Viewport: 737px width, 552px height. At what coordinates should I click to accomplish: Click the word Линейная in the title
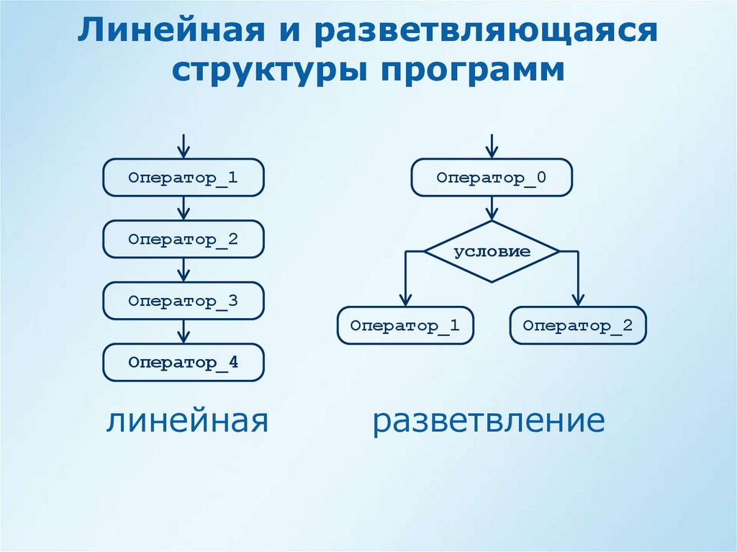(x=177, y=33)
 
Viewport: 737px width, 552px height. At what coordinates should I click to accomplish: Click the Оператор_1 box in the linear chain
(x=184, y=178)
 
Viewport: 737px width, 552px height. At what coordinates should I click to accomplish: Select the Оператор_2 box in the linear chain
(x=184, y=239)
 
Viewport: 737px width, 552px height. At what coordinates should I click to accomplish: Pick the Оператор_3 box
(x=184, y=301)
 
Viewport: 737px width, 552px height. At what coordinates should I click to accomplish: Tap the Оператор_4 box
(x=184, y=363)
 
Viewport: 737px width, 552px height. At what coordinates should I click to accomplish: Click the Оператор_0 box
(x=492, y=178)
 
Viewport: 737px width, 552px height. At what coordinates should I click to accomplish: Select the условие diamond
(x=492, y=252)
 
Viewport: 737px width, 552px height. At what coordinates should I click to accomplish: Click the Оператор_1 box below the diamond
(x=405, y=325)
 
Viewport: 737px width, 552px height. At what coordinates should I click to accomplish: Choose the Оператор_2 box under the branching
(x=578, y=325)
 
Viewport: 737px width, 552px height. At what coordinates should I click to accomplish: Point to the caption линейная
(x=189, y=421)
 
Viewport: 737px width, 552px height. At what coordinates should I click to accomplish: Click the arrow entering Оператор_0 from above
(x=492, y=146)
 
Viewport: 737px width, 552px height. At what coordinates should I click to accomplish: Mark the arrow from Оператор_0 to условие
(x=492, y=208)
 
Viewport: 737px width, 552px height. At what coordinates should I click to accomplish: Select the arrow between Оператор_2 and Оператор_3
(x=184, y=270)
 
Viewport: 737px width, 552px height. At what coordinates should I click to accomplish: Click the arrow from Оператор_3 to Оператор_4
(x=184, y=332)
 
